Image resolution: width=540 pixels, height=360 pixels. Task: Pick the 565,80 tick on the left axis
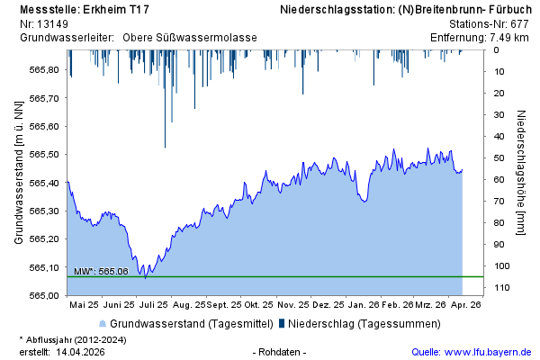tap(45, 69)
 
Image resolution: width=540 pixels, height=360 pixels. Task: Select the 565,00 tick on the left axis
tap(45, 295)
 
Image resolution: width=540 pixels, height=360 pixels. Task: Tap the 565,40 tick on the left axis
tap(45, 183)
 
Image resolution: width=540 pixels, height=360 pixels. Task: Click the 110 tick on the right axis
tap(501, 287)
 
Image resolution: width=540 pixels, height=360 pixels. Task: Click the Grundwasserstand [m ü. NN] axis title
tap(18, 173)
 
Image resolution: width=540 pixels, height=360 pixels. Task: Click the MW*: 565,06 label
tap(101, 271)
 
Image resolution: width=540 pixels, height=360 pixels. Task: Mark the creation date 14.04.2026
tap(81, 351)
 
